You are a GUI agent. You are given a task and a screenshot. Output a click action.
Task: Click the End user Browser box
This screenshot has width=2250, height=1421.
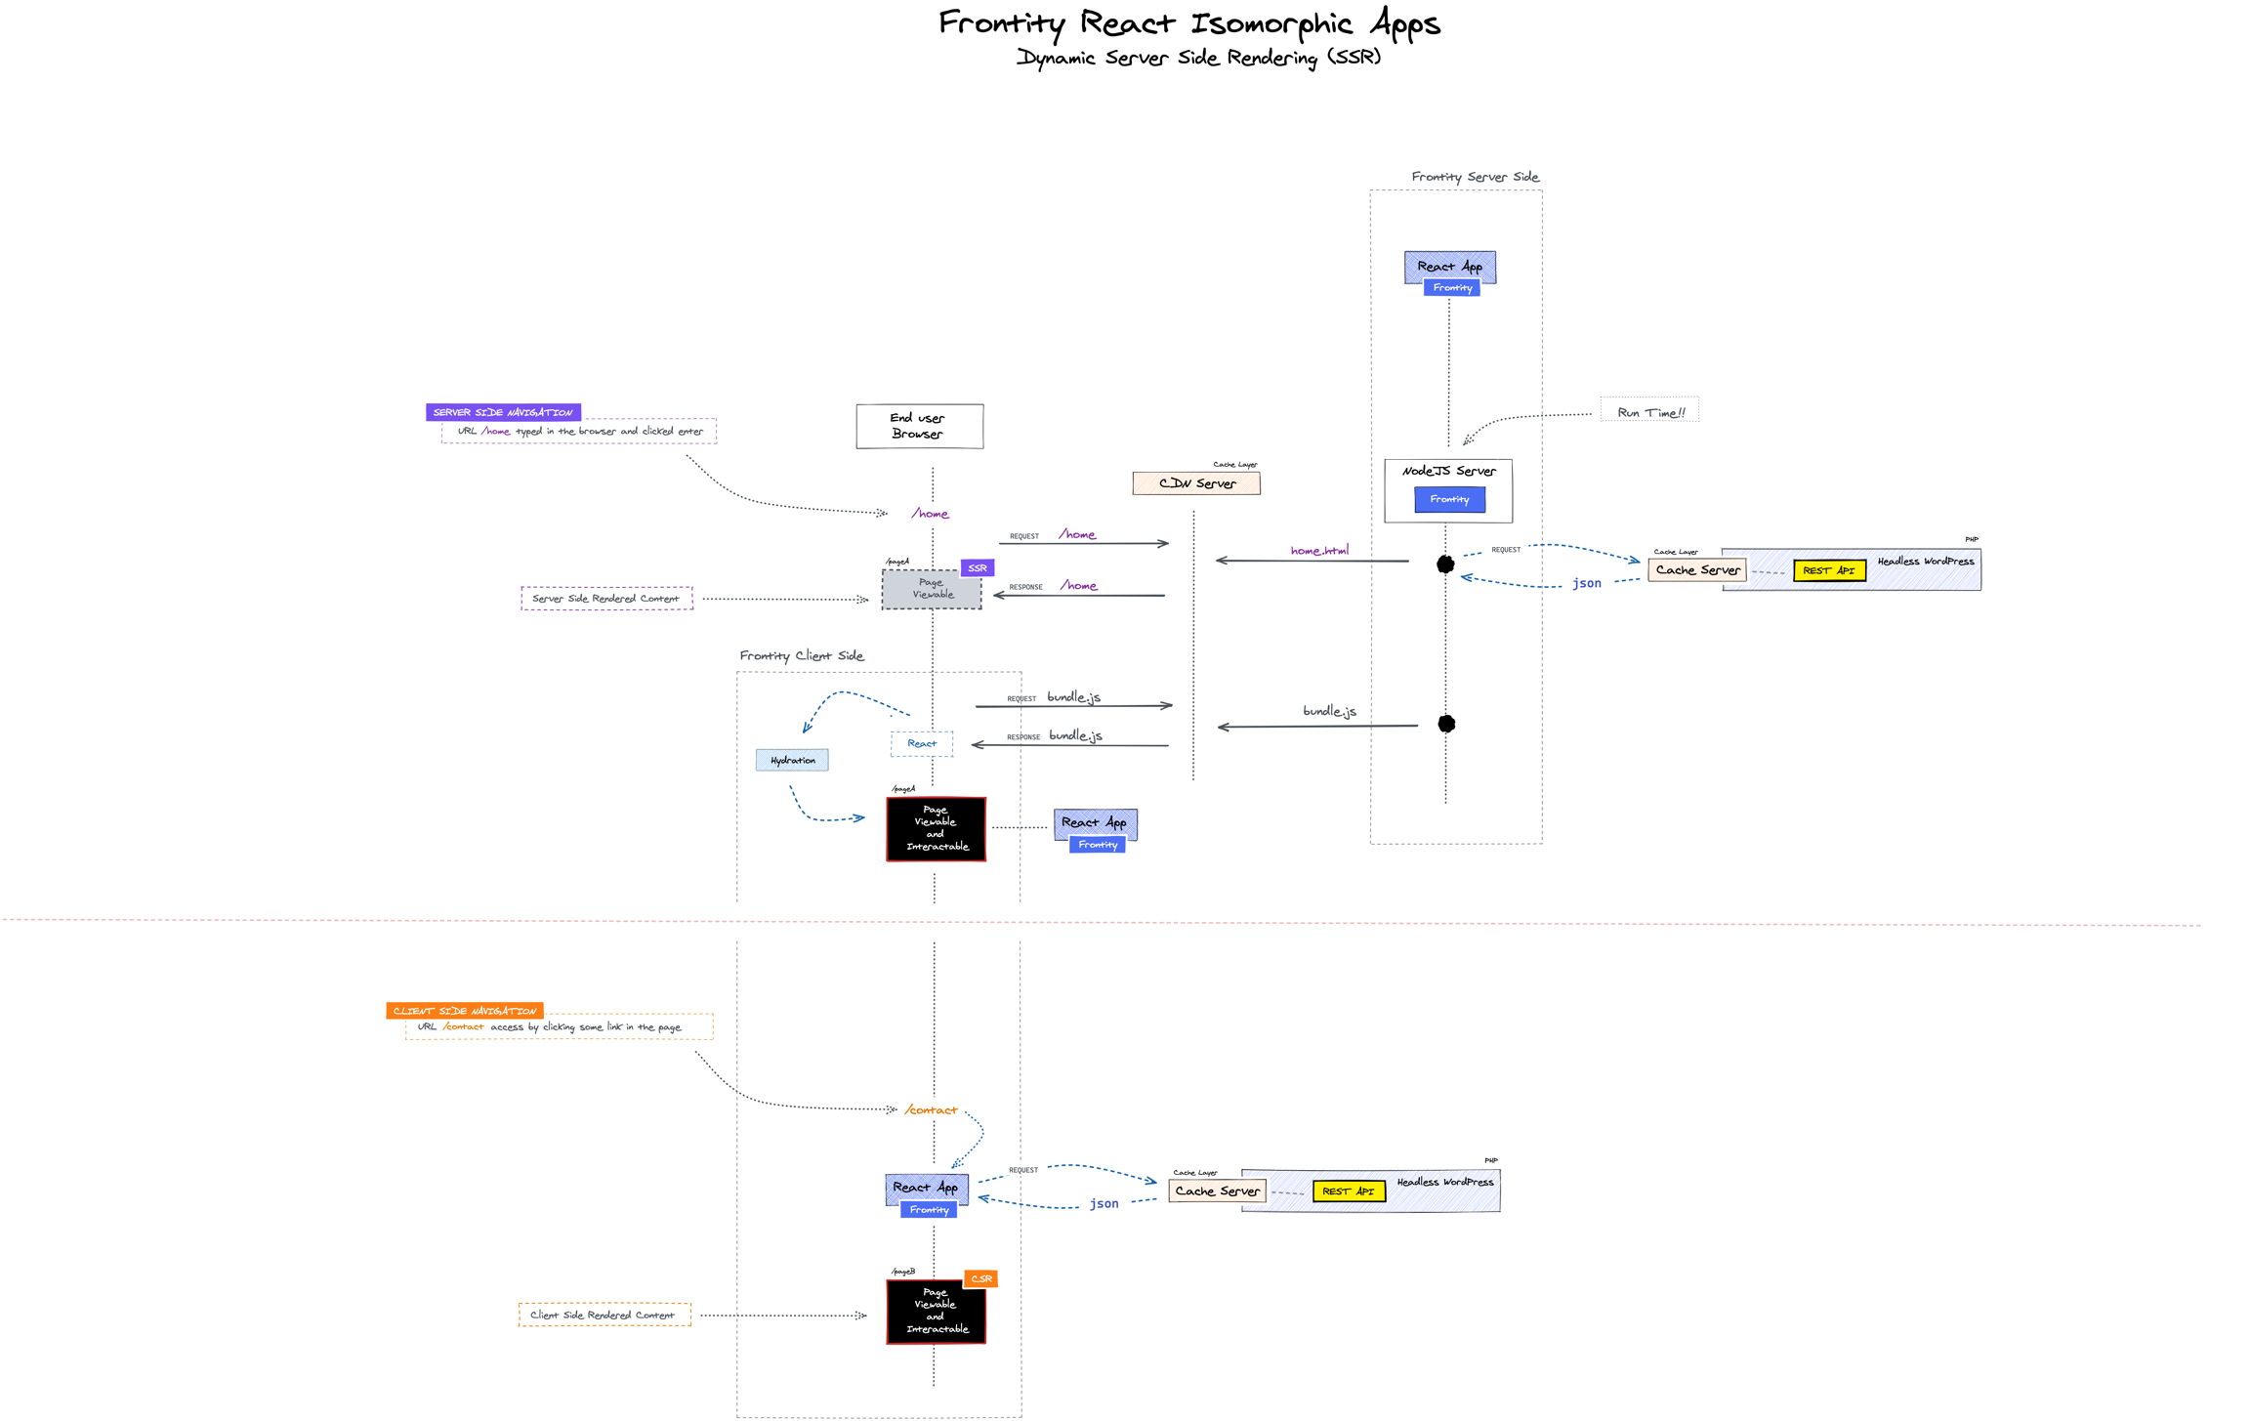[x=919, y=426]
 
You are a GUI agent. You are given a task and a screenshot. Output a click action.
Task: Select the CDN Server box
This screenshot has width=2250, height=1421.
[x=1195, y=483]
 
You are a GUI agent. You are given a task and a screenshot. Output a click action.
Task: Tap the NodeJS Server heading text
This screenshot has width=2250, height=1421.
[x=1448, y=471]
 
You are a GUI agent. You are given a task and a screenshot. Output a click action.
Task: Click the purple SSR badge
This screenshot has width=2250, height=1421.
[x=977, y=567]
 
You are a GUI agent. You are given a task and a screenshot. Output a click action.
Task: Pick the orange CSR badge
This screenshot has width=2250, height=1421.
[x=980, y=1278]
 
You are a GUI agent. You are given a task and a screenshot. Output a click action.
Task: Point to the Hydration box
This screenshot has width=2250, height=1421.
[x=792, y=760]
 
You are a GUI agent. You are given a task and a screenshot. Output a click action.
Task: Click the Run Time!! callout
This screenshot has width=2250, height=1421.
[x=1649, y=412]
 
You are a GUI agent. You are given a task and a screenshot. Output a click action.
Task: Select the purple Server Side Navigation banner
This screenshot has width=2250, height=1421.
[x=503, y=412]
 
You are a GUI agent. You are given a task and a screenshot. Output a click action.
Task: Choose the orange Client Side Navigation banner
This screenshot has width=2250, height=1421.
[x=465, y=1011]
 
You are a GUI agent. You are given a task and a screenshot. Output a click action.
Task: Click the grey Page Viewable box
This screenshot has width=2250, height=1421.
[x=932, y=590]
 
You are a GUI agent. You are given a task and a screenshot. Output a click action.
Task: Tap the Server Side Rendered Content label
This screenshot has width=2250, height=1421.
[x=606, y=598]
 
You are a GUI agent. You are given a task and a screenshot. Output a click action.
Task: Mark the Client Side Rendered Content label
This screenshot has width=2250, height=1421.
[x=604, y=1315]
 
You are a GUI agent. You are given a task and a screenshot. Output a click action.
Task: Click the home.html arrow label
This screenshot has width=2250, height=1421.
[x=1319, y=551]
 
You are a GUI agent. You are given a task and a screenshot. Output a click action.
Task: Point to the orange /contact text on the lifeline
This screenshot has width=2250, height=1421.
[x=931, y=1109]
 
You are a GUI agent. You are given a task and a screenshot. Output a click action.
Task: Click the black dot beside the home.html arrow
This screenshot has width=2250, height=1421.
[x=1445, y=564]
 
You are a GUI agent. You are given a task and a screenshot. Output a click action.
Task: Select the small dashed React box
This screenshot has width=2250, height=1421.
[x=921, y=743]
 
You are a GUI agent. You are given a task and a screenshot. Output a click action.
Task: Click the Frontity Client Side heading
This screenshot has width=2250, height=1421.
[x=801, y=655]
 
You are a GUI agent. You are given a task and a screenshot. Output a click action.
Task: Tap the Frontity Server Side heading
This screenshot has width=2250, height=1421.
[x=1475, y=177]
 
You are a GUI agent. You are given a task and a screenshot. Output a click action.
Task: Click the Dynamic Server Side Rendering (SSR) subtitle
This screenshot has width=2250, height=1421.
[x=1198, y=58]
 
